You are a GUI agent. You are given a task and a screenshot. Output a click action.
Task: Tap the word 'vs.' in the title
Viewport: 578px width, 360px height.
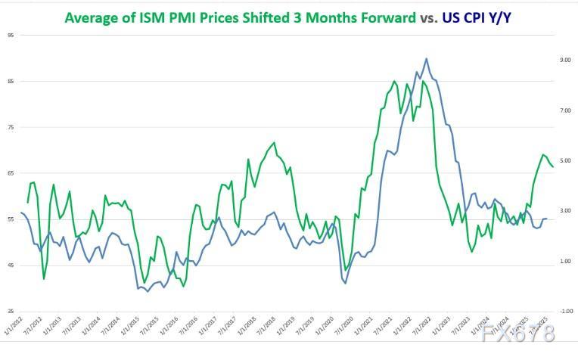pyautogui.click(x=427, y=17)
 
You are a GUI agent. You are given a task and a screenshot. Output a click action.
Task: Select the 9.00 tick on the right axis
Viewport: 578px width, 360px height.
pyautogui.click(x=564, y=60)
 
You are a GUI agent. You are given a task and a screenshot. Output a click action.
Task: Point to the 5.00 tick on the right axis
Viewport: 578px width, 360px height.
pyautogui.click(x=564, y=160)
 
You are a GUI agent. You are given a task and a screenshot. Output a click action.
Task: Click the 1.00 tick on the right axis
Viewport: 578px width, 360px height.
pyautogui.click(x=564, y=261)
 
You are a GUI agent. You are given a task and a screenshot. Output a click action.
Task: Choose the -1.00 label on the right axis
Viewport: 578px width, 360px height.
pyautogui.click(x=564, y=311)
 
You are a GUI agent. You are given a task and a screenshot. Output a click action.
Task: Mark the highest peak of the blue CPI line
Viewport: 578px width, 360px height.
pyautogui.click(x=426, y=58)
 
